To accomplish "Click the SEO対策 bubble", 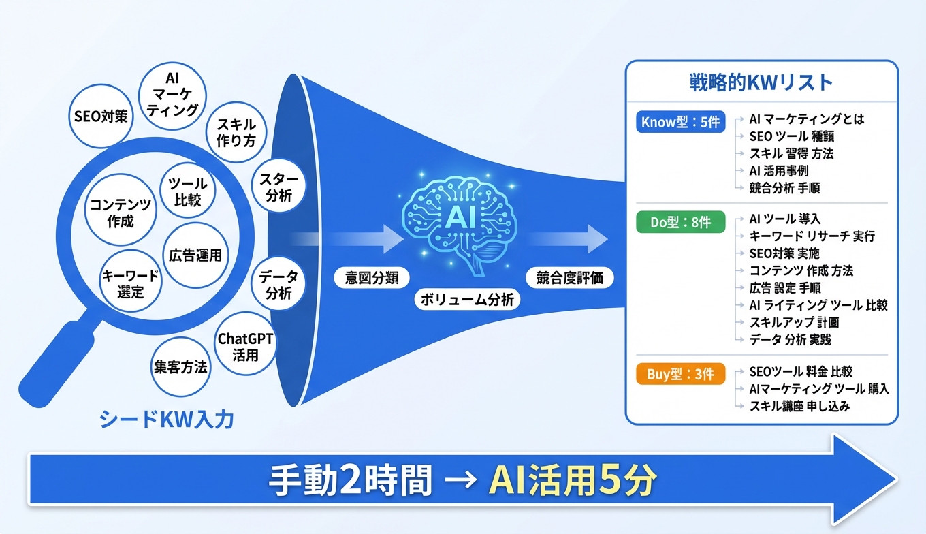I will pos(99,116).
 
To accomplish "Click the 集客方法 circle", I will pos(180,366).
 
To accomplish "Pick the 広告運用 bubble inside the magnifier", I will pos(195,255).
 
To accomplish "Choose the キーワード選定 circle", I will pos(130,284).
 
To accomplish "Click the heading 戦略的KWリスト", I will pos(761,83).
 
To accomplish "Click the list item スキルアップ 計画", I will pos(794,322).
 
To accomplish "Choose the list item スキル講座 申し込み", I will pos(799,406).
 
